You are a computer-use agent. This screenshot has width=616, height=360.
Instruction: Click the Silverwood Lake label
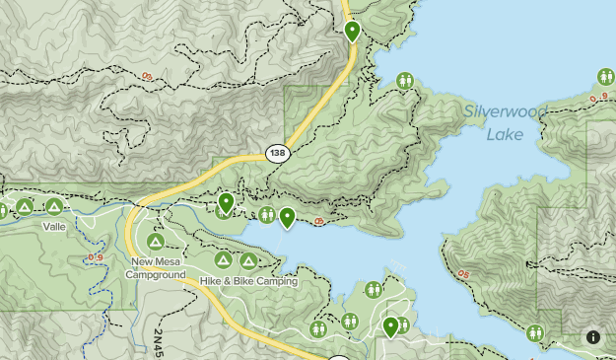(x=505, y=122)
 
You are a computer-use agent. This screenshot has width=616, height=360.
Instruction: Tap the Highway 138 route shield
(x=277, y=154)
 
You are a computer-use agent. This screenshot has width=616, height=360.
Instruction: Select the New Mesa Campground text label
(x=155, y=268)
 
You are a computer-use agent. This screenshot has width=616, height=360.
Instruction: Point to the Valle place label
(x=53, y=226)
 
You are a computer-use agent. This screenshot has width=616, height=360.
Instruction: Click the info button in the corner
(x=593, y=337)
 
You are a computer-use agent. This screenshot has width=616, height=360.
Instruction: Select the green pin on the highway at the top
(x=353, y=32)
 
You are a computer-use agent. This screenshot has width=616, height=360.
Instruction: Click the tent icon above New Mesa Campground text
(x=155, y=242)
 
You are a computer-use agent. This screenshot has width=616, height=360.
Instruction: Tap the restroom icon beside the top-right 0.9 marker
(x=606, y=77)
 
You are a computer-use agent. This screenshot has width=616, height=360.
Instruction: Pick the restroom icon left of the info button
(x=535, y=333)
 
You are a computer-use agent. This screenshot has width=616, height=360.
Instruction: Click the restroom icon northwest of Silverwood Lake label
(x=405, y=81)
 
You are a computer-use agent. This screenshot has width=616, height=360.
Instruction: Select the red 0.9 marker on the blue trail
(x=96, y=257)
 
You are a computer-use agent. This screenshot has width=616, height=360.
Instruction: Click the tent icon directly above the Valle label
(x=53, y=206)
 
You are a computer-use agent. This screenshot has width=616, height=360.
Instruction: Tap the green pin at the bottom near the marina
(x=391, y=326)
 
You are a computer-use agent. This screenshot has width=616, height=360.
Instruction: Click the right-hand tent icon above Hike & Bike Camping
(x=248, y=261)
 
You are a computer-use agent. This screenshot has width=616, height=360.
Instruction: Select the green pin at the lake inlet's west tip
(x=288, y=217)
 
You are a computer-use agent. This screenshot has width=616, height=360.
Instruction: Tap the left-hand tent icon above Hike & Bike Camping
(x=223, y=260)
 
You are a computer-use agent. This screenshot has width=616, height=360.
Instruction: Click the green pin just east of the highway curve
(x=226, y=202)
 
